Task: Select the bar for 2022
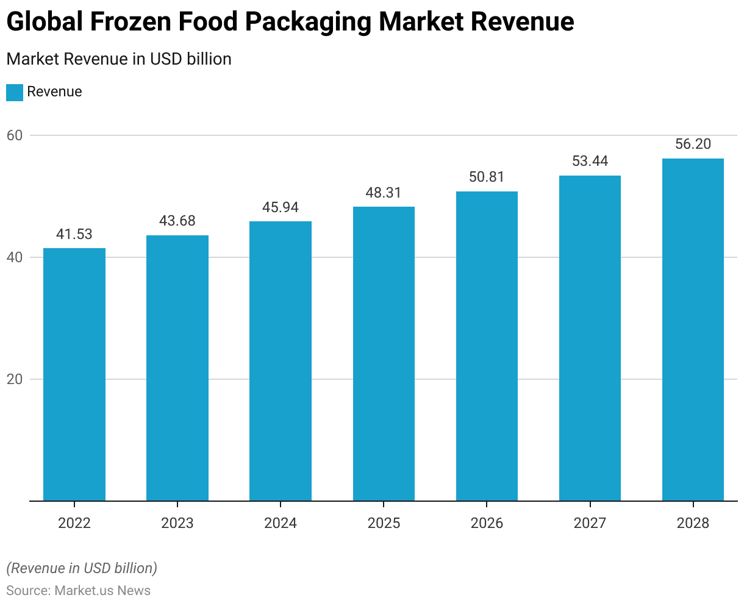[74, 374]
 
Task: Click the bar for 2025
[384, 354]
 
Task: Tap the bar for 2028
[693, 330]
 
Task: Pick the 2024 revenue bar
[281, 361]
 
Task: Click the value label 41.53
[74, 235]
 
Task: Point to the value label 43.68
[177, 221]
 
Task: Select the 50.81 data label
[487, 177]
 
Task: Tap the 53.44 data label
[590, 162]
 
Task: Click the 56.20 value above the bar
[693, 144]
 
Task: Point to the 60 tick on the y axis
[15, 135]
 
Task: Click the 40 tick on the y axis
[15, 257]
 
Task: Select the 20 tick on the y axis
[15, 379]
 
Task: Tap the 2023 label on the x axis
[177, 523]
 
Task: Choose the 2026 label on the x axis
[487, 523]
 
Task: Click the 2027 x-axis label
[590, 523]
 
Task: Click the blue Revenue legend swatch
[15, 93]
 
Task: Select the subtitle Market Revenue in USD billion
[119, 59]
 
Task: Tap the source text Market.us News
[102, 591]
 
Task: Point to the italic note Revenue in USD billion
[82, 568]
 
